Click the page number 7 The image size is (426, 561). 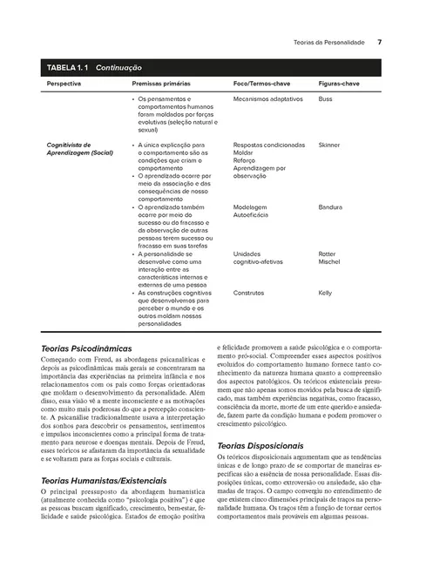click(380, 41)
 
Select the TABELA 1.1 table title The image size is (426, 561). click(95, 67)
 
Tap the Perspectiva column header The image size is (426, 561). click(64, 84)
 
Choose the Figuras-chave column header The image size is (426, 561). click(340, 84)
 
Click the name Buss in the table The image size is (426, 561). click(326, 100)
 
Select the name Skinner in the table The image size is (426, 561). click(329, 144)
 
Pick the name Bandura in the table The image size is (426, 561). click(331, 207)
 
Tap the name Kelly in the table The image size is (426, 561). click(326, 293)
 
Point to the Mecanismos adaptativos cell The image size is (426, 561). click(265, 100)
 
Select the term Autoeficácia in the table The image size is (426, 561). click(252, 216)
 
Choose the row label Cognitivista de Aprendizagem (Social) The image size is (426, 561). click(80, 148)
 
